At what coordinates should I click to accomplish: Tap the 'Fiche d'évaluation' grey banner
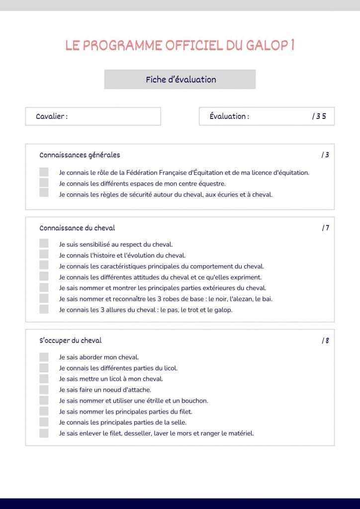pos(180,80)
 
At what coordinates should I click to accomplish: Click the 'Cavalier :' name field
pos(93,116)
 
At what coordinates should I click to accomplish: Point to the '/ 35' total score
pos(319,116)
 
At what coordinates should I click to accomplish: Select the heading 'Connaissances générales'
pos(80,155)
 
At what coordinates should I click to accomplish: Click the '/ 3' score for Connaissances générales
pos(325,155)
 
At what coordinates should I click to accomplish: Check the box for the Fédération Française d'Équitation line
pos(44,172)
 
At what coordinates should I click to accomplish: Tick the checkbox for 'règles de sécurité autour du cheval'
pos(44,194)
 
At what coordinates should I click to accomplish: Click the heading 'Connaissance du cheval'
pos(77,228)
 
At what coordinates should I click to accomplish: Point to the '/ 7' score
pos(325,228)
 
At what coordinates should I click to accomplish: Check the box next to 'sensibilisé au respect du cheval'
pos(44,244)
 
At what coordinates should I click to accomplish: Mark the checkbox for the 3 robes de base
pos(44,298)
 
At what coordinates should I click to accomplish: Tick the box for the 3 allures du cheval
pos(44,309)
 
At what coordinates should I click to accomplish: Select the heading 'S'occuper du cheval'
pos(71,341)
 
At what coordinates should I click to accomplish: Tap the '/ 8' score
pos(325,341)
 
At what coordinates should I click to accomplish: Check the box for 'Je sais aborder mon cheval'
pos(44,357)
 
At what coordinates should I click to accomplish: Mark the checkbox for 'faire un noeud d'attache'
pos(44,390)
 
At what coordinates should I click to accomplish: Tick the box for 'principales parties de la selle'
pos(44,423)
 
